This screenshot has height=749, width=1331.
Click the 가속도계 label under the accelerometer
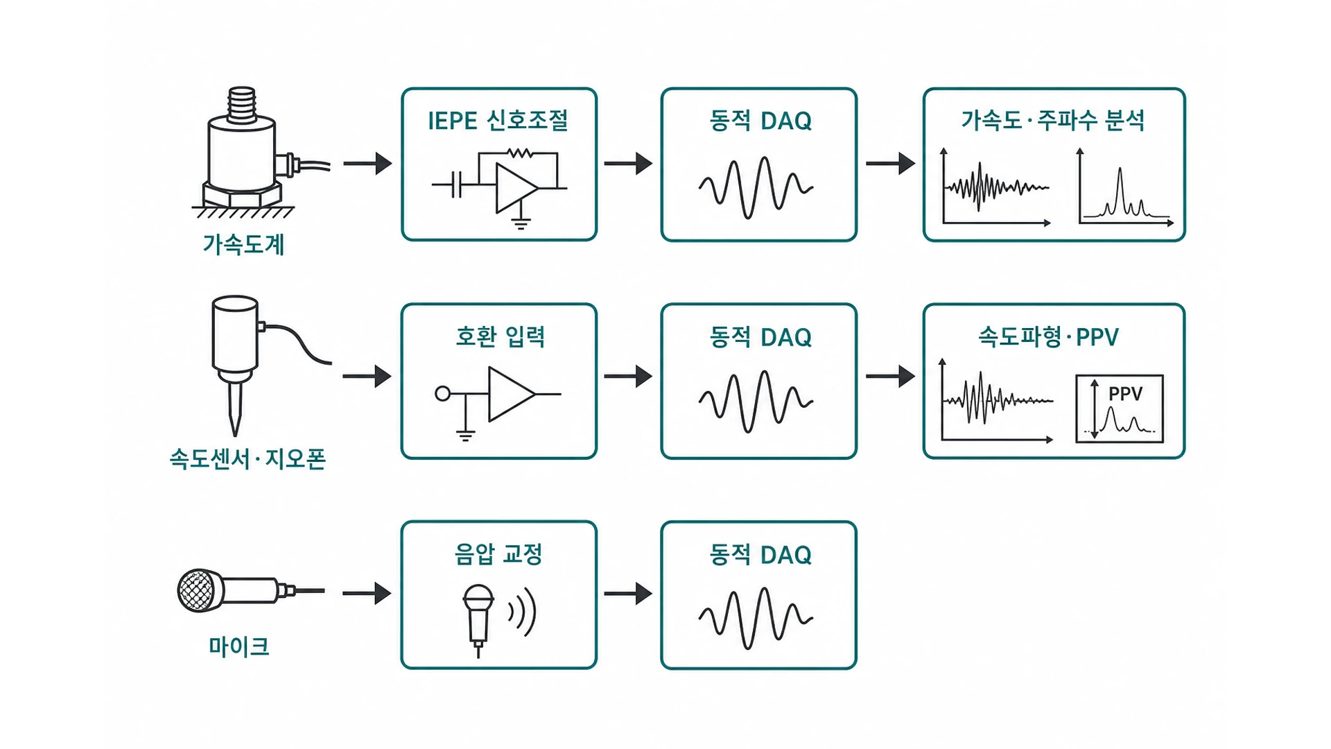(x=243, y=244)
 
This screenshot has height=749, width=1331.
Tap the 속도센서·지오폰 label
(x=247, y=459)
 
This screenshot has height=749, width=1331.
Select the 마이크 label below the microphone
(x=238, y=646)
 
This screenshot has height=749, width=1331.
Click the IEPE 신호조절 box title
(x=498, y=121)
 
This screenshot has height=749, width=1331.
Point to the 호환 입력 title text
(x=500, y=336)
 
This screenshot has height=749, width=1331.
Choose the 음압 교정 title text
(x=498, y=553)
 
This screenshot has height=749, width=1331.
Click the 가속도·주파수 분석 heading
(x=1053, y=121)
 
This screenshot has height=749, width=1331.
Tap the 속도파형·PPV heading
(x=1048, y=337)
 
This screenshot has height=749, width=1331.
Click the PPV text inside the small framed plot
(x=1125, y=394)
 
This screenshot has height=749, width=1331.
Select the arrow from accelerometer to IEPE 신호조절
(x=367, y=164)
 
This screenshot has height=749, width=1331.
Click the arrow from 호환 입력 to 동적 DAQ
(x=628, y=377)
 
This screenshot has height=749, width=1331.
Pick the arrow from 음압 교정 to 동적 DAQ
(x=628, y=594)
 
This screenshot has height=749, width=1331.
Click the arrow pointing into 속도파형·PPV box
(x=891, y=377)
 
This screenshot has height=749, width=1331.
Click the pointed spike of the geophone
(x=235, y=409)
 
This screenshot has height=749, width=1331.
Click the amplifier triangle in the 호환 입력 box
(x=511, y=394)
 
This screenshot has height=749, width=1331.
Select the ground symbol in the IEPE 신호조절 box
(x=521, y=222)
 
